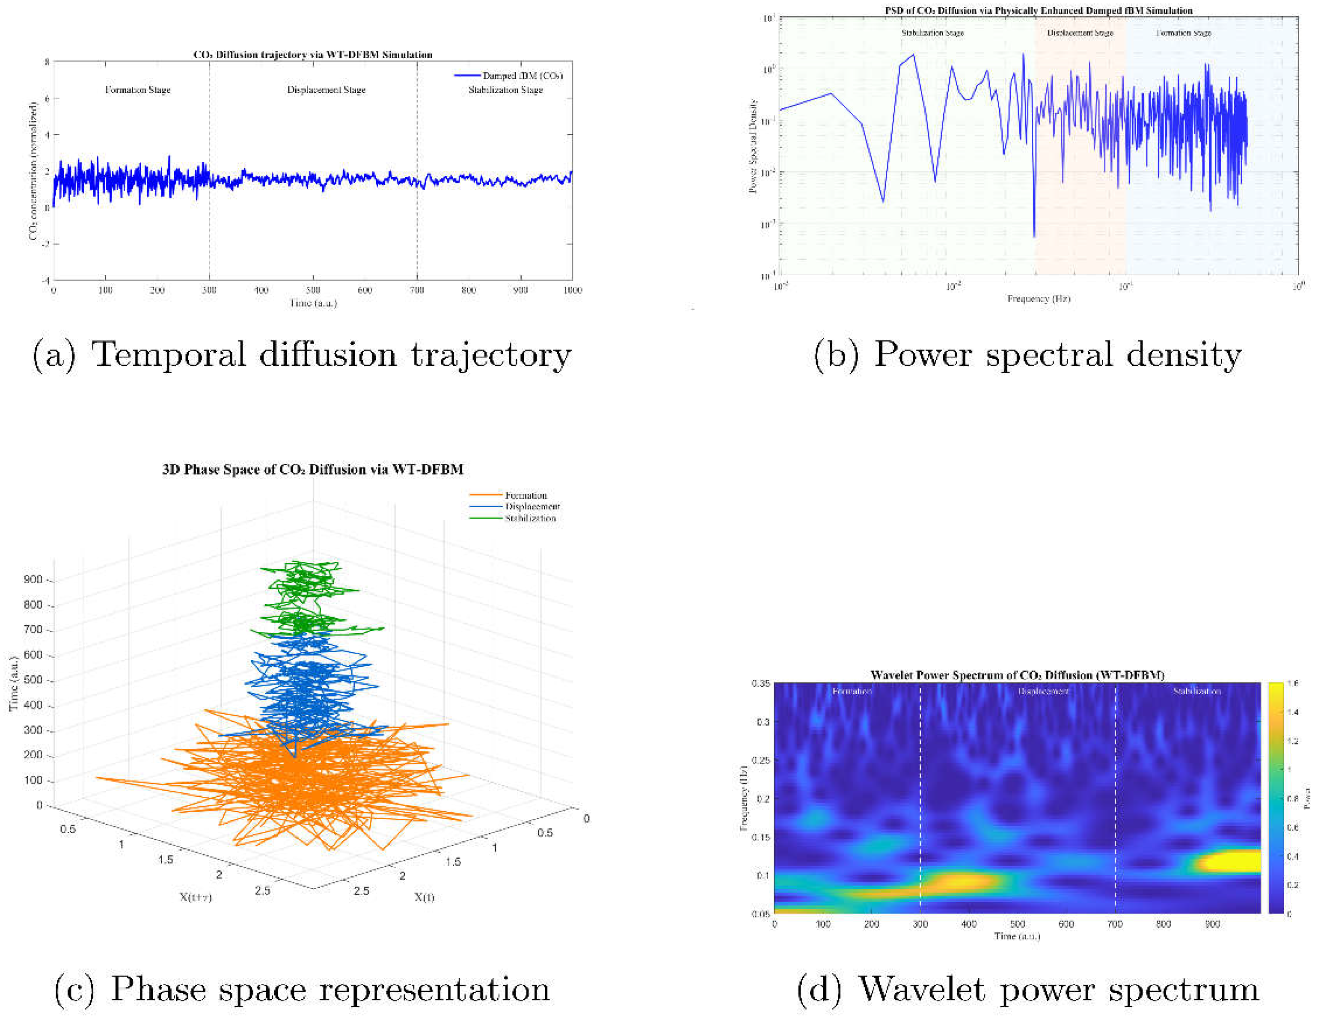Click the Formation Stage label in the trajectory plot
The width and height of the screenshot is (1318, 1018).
pos(138,90)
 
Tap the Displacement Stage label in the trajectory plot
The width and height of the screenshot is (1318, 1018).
pos(326,90)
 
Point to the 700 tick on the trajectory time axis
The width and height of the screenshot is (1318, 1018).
pos(416,290)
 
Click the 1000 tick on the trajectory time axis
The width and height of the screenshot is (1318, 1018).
pos(572,290)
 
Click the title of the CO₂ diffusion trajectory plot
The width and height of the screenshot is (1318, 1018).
pos(313,55)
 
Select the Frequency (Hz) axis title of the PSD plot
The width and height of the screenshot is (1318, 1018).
pos(1038,299)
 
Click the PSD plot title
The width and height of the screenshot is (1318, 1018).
pos(1038,10)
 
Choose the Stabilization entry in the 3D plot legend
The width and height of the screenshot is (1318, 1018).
pos(530,518)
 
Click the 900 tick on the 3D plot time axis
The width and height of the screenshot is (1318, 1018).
pos(33,579)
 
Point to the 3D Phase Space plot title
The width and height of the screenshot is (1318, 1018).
pos(313,469)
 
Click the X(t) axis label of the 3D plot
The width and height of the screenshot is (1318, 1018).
pos(424,897)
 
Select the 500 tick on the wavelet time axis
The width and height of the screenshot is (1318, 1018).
pos(1018,924)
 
